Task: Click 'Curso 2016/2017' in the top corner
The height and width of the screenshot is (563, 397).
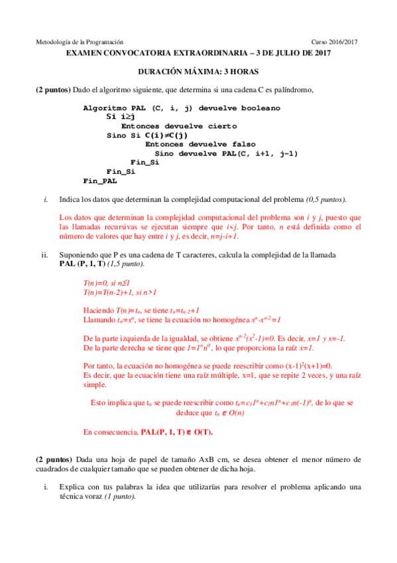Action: click(x=335, y=41)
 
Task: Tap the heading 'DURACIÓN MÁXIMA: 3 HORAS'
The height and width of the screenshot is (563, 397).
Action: click(x=198, y=71)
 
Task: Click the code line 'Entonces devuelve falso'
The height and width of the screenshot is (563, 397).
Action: click(x=200, y=144)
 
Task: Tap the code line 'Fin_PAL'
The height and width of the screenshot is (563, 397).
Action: click(x=100, y=180)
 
